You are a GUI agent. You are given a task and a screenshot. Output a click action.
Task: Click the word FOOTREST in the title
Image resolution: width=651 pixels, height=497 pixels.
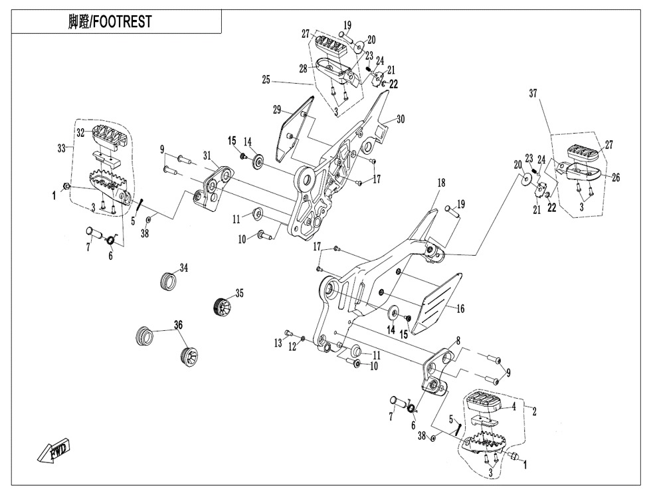pos(122,21)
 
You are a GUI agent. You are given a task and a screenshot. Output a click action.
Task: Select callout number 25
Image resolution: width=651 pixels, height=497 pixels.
pos(266,78)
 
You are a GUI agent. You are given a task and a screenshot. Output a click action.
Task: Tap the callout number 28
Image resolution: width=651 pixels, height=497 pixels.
pos(302,69)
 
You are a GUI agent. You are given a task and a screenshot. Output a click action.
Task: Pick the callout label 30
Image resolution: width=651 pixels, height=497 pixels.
pos(400,120)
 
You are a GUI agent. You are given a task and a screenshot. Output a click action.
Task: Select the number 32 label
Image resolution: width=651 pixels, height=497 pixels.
pos(80,133)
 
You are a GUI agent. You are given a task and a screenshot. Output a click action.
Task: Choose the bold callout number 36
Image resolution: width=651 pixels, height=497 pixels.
pos(177,325)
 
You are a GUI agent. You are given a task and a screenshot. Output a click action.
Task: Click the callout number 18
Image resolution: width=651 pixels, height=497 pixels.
pos(440,181)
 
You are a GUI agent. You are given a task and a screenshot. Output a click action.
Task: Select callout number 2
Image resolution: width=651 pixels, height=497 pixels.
pos(535,411)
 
